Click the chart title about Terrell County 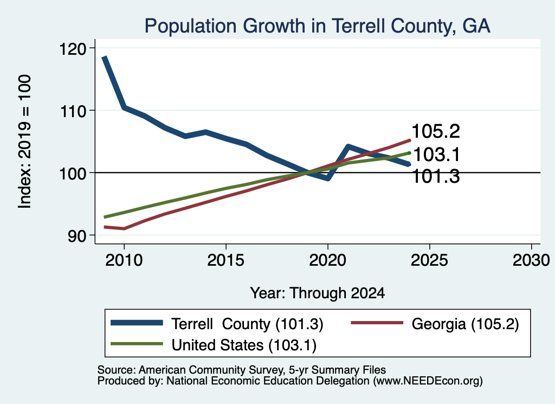pos(317,26)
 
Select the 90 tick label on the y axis pos(77,236)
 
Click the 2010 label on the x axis pos(124,260)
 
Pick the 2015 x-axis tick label pos(226,260)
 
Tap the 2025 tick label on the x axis pos(429,260)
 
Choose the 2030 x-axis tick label pos(531,260)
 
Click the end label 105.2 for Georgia pos(436,131)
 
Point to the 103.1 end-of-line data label pos(436,155)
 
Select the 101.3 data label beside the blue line pos(436,176)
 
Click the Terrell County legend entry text pos(247,324)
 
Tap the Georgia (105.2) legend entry pos(465,324)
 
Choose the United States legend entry pos(244,345)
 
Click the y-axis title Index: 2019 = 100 pos(24,142)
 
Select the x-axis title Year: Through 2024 pos(318,293)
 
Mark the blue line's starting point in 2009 pos(104,57)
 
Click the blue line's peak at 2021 pos(349,146)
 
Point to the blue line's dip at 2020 pos(328,178)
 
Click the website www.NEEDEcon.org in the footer pos(428,381)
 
